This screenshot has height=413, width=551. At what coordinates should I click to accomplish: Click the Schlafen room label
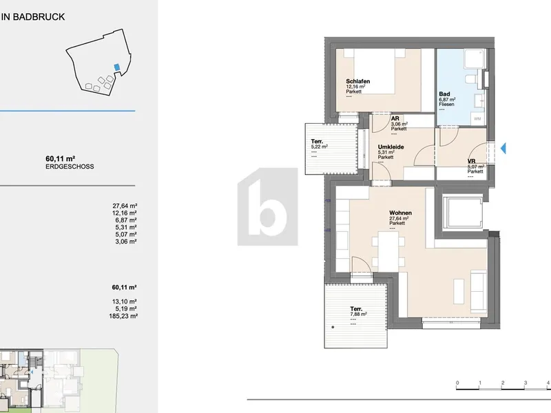click(x=357, y=81)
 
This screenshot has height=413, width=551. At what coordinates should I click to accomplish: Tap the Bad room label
click(x=444, y=94)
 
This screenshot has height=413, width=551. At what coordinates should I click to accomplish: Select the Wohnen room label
click(x=400, y=213)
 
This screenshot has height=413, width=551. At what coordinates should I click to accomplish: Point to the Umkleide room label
click(x=391, y=147)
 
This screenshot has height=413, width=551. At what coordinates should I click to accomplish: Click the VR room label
click(x=471, y=162)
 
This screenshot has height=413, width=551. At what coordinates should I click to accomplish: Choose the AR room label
click(x=395, y=118)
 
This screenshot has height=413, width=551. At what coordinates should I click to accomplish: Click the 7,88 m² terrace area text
click(x=358, y=315)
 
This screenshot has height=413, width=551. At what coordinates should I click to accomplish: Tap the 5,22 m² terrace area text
click(x=319, y=147)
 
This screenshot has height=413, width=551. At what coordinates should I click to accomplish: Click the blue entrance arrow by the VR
click(x=503, y=148)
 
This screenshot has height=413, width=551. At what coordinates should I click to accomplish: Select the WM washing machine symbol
click(x=477, y=118)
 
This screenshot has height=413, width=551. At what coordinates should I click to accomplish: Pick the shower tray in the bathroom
click(x=475, y=59)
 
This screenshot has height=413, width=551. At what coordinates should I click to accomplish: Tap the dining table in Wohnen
click(x=388, y=251)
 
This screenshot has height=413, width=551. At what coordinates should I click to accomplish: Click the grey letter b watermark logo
click(x=268, y=207)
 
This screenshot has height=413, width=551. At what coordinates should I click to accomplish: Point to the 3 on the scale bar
click(x=526, y=383)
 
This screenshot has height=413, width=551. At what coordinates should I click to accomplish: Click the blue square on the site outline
click(x=116, y=67)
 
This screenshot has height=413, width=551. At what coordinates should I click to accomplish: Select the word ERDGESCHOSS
click(x=70, y=167)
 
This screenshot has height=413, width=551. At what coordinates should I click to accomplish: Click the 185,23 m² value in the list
click(x=123, y=316)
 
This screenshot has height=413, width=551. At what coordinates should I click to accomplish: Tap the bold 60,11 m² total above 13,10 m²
click(x=124, y=287)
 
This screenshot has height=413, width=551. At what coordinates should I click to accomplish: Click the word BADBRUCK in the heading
click(x=39, y=17)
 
